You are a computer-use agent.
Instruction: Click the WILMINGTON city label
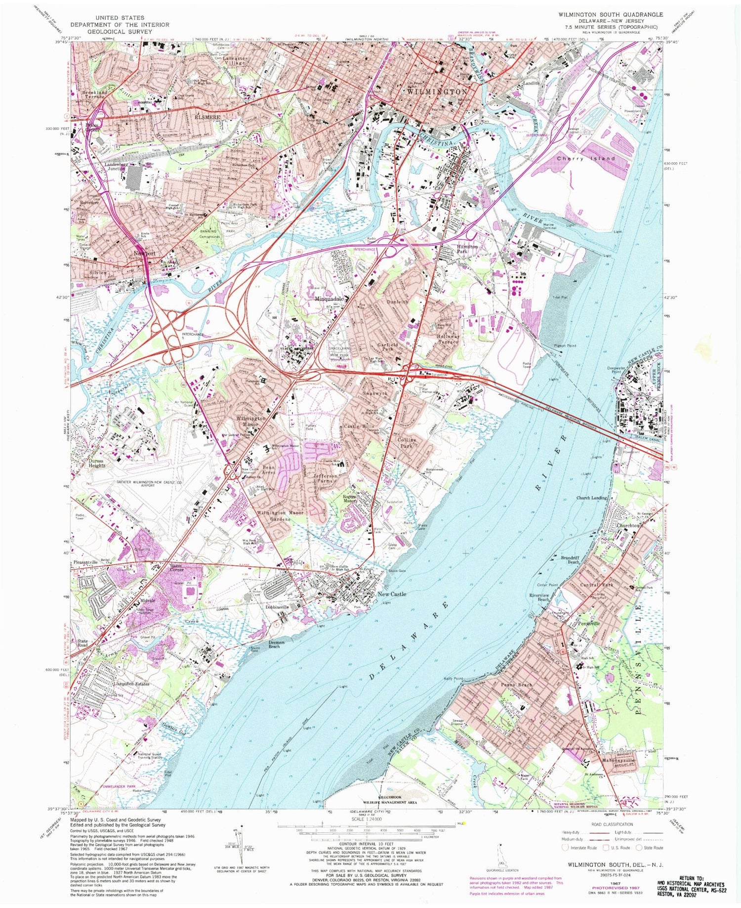click(x=437, y=92)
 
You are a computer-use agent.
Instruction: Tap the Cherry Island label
click(x=585, y=159)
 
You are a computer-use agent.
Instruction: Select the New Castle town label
click(x=391, y=594)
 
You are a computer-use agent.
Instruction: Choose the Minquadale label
click(x=330, y=299)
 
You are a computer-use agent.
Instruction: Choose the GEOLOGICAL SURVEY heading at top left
click(x=119, y=31)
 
